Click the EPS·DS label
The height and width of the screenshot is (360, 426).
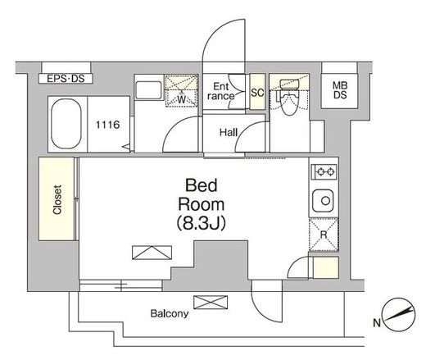tap(66, 79)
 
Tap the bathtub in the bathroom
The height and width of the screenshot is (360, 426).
tap(66, 124)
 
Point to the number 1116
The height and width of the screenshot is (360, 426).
tap(107, 125)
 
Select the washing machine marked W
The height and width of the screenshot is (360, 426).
tap(181, 91)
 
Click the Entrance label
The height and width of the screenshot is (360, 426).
tap(221, 91)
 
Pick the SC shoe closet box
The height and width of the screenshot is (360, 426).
tap(257, 92)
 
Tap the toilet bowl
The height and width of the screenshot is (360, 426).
tap(289, 98)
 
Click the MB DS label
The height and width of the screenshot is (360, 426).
tap(340, 90)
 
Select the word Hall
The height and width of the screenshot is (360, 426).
tap(229, 132)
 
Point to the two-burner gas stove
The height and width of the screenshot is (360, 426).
tap(324, 171)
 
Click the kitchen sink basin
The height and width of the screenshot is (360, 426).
tap(323, 201)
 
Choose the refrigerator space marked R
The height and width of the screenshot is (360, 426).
tap(324, 235)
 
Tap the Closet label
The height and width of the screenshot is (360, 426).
tap(57, 199)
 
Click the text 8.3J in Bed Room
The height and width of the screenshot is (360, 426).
tap(202, 223)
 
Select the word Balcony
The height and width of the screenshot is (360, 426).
tap(170, 313)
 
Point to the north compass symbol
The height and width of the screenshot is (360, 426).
tap(399, 314)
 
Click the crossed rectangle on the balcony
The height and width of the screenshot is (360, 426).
tap(211, 302)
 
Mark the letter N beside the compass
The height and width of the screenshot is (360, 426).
tap(377, 323)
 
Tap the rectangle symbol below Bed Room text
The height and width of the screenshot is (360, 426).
tap(152, 253)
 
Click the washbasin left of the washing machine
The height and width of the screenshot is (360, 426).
tap(148, 90)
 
